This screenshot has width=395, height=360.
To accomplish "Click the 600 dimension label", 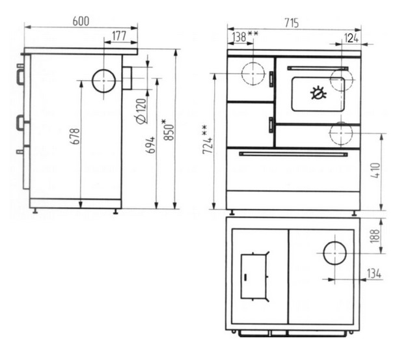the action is pyautogui.click(x=81, y=21).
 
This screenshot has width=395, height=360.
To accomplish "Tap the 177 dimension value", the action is pyautogui.click(x=119, y=36).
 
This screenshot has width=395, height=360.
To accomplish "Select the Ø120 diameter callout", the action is pyautogui.click(x=141, y=111).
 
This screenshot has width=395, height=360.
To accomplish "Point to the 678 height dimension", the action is pyautogui.click(x=75, y=136).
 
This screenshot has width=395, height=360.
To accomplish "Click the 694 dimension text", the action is pyautogui.click(x=150, y=145).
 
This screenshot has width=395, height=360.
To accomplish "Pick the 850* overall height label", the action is pyautogui.click(x=168, y=130).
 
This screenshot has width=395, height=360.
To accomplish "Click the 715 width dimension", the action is pyautogui.click(x=292, y=23).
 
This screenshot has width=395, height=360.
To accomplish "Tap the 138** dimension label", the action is pyautogui.click(x=245, y=36).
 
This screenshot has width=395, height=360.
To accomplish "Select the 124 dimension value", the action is pyautogui.click(x=351, y=38).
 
